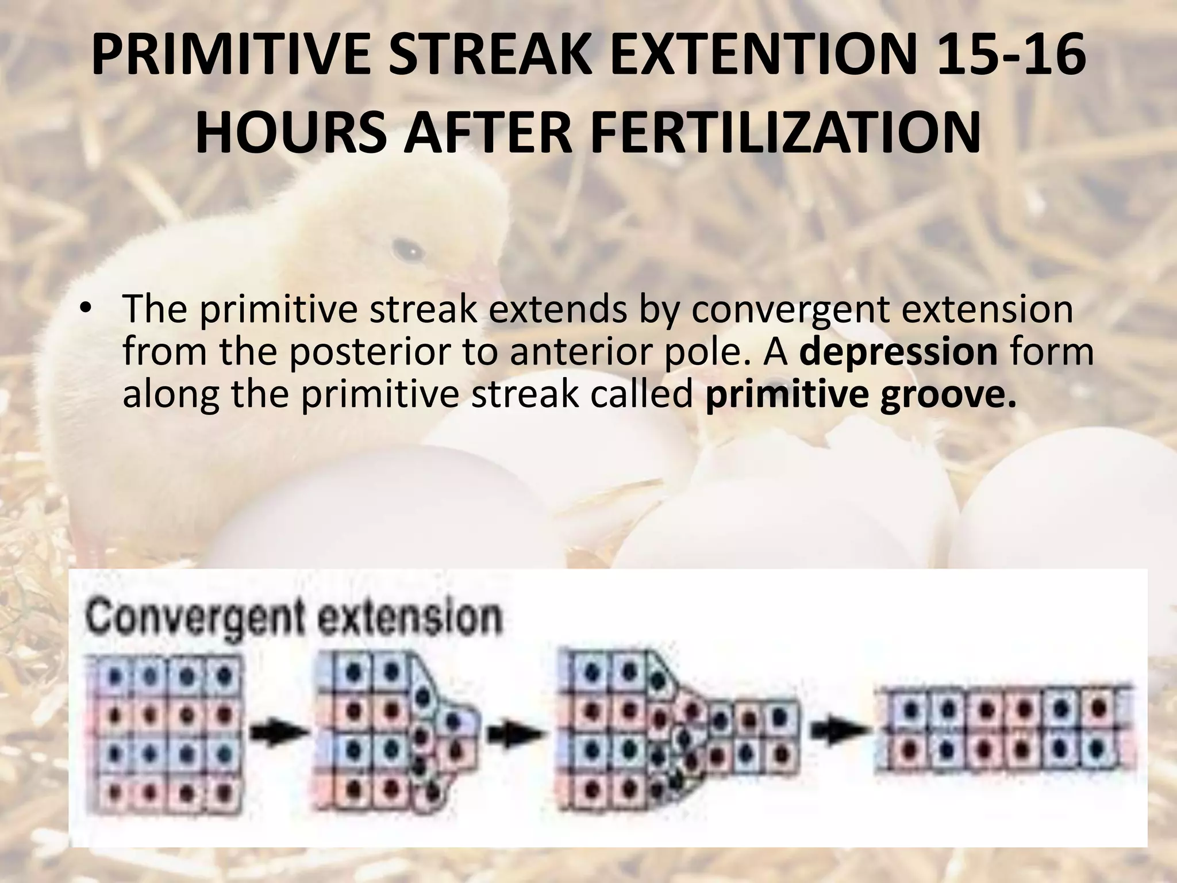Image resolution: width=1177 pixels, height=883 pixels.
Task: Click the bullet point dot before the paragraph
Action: [x=86, y=309]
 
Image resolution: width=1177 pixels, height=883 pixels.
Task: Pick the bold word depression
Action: [x=898, y=352]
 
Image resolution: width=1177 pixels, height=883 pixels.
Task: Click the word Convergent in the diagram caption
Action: [x=190, y=619]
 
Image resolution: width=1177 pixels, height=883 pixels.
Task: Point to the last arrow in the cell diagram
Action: [x=838, y=731]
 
